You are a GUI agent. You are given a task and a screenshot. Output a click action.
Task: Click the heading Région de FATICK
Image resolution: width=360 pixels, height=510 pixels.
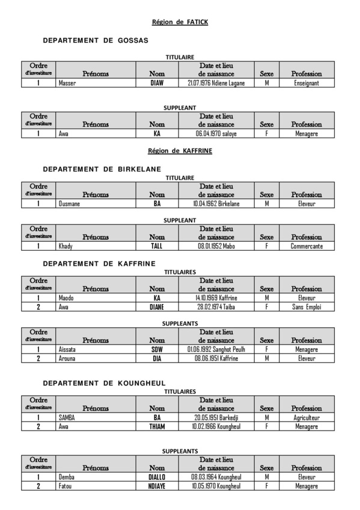click(180, 22)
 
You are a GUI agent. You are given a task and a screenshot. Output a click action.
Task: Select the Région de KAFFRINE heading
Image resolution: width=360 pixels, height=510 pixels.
click(180, 151)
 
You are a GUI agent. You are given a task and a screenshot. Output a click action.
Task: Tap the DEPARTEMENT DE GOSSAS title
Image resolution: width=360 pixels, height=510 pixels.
click(96, 40)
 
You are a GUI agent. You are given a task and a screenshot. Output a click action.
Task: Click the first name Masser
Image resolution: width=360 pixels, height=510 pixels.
click(67, 83)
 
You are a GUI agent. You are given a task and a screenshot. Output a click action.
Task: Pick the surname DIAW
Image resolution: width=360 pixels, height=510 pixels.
click(157, 83)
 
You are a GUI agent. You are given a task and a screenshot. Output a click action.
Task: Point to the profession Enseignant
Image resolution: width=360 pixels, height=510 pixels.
click(307, 83)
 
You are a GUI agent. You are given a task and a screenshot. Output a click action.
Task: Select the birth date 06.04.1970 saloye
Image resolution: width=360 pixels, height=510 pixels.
click(216, 134)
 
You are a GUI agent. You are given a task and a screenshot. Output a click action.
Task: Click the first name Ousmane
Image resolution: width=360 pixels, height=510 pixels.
click(69, 204)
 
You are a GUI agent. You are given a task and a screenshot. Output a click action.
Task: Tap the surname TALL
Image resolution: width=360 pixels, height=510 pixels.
click(157, 246)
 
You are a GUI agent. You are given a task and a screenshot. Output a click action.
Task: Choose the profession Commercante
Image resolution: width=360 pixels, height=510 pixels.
click(307, 246)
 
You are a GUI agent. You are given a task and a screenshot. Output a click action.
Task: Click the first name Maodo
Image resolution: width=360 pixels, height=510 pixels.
click(66, 298)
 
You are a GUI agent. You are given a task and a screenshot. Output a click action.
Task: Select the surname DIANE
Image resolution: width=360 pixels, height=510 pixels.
click(157, 307)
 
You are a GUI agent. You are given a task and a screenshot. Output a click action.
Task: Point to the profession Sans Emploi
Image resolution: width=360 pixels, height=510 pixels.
click(307, 307)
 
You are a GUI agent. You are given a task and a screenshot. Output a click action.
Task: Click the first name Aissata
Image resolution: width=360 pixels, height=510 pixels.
click(67, 349)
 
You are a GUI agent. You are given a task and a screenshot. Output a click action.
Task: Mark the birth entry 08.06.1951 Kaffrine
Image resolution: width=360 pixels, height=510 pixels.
click(216, 358)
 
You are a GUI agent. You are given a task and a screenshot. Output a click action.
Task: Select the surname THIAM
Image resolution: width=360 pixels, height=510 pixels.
click(157, 426)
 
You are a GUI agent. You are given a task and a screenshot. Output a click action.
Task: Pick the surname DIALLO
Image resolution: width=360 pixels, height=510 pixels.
click(157, 476)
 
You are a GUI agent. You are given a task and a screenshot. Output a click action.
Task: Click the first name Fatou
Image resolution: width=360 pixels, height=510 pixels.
click(65, 485)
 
